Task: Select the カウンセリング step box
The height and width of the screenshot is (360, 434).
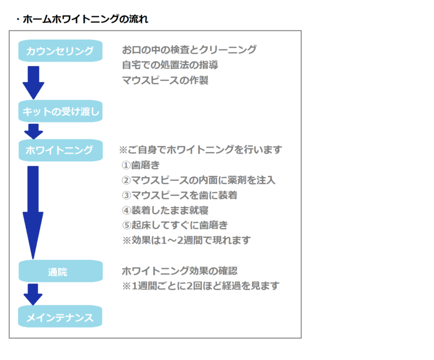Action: pyautogui.click(x=60, y=50)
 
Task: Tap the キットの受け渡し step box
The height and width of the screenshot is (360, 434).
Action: pyautogui.click(x=60, y=111)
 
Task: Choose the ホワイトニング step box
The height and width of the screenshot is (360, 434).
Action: pyautogui.click(x=61, y=150)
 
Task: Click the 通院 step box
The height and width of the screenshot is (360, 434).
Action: pyautogui.click(x=61, y=271)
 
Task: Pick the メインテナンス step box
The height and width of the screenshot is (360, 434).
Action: pyautogui.click(x=60, y=317)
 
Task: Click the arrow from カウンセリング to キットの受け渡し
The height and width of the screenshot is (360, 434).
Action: pyautogui.click(x=34, y=83)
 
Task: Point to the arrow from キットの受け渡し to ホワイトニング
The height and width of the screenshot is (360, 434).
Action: pyautogui.click(x=34, y=131)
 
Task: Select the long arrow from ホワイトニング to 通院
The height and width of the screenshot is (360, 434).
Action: pyautogui.click(x=33, y=212)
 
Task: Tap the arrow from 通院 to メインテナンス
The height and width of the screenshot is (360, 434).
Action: pyautogui.click(x=33, y=294)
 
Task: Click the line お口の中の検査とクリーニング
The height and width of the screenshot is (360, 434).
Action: pyautogui.click(x=189, y=50)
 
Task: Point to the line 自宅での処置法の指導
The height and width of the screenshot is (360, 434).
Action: pyautogui.click(x=170, y=65)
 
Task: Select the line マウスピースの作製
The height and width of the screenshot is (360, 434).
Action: pyautogui.click(x=165, y=80)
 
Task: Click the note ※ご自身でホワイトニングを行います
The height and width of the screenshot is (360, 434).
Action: pyautogui.click(x=200, y=150)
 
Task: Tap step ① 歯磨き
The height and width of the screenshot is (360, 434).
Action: pyautogui.click(x=141, y=165)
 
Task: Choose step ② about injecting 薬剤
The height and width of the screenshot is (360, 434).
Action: pyautogui.click(x=199, y=180)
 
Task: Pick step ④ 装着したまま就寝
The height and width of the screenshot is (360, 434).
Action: pyautogui.click(x=165, y=210)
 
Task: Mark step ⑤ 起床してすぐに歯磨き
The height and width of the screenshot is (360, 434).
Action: pyautogui.click(x=175, y=225)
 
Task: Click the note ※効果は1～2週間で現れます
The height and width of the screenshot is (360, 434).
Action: pyautogui.click(x=187, y=241)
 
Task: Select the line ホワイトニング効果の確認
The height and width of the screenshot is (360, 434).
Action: pyautogui.click(x=180, y=271)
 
